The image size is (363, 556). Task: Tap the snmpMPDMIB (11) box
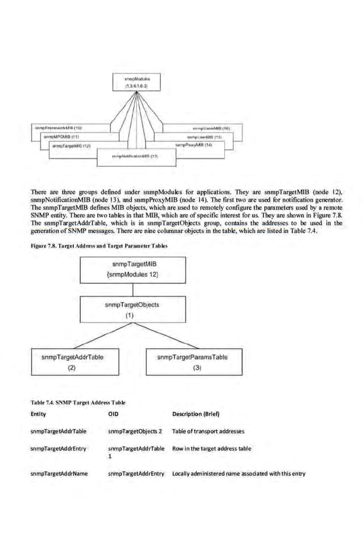click(x=63, y=137)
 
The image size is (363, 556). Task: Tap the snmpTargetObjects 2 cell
click(x=135, y=431)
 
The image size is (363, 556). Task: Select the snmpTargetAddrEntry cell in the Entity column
click(x=59, y=448)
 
